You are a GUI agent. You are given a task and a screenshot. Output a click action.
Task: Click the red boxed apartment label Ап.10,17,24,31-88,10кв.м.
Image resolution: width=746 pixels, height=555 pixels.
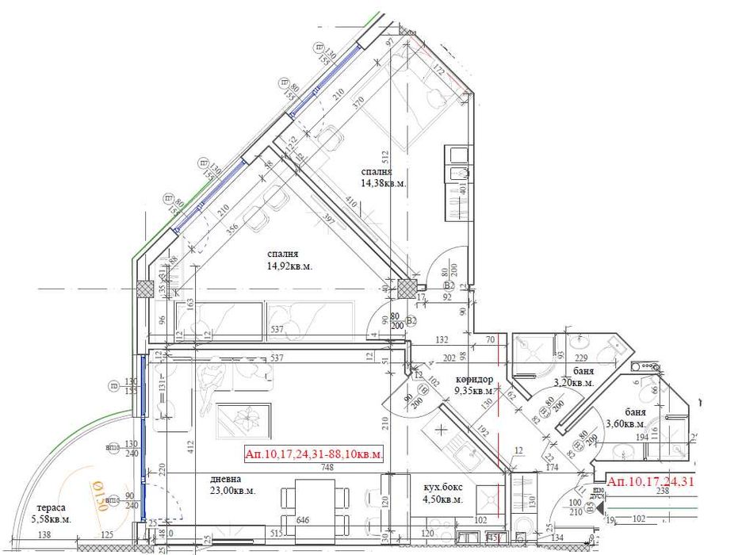tap(315, 454)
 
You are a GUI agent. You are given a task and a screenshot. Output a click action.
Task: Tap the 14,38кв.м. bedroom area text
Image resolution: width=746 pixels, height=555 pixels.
tap(384, 182)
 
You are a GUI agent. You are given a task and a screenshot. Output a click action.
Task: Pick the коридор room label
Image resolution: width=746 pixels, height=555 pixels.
tap(475, 379)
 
